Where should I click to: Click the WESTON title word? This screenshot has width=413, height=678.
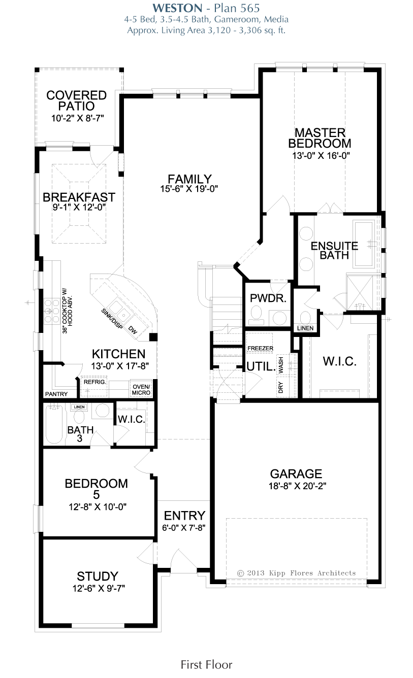click(x=177, y=8)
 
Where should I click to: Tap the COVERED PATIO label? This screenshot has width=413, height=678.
click(x=77, y=101)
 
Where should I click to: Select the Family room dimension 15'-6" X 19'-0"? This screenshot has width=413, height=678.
click(x=189, y=189)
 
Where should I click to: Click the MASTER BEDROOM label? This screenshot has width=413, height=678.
click(x=320, y=138)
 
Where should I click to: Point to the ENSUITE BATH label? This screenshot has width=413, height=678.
click(x=334, y=251)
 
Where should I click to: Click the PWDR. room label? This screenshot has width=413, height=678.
click(x=268, y=298)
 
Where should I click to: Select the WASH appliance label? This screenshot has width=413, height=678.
click(x=281, y=365)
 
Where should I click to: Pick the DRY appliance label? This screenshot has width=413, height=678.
click(x=280, y=387)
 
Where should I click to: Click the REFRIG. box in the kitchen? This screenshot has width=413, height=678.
click(x=94, y=386)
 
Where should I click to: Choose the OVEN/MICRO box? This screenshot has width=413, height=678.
click(x=141, y=389)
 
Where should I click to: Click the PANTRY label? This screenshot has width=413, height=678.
click(x=56, y=394)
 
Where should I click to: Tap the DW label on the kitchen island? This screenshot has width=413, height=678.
click(x=133, y=330)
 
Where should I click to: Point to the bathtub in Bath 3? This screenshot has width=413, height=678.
click(x=54, y=424)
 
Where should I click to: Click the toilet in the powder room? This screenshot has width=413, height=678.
click(x=256, y=315)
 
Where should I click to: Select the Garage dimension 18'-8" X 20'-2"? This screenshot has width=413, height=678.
click(x=297, y=486)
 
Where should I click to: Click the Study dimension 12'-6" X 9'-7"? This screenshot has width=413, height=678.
click(x=99, y=588)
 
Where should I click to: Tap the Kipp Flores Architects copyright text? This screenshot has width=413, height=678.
click(x=296, y=573)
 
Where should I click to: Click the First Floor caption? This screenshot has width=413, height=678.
click(x=206, y=665)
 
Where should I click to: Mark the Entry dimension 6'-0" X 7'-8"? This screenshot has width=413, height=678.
click(x=183, y=528)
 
